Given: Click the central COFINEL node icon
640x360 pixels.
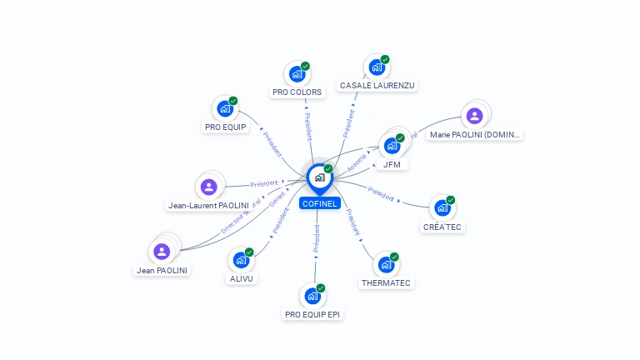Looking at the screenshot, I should (319, 177).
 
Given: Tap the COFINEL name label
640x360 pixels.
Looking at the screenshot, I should (320, 203).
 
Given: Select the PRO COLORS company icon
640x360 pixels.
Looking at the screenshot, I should (297, 74).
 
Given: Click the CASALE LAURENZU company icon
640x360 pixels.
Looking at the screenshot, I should (377, 67).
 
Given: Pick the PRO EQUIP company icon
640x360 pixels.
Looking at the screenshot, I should (224, 109).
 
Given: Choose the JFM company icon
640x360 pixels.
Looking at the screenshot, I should (392, 146).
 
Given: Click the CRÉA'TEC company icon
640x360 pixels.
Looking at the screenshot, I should (442, 207).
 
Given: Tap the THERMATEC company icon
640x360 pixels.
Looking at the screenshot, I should (386, 265).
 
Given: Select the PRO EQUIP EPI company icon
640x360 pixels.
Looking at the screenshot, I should (312, 296).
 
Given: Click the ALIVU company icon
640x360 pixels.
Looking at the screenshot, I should (241, 260).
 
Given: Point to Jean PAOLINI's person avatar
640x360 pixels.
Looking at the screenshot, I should (162, 251).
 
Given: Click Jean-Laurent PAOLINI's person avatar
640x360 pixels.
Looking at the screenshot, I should (208, 187).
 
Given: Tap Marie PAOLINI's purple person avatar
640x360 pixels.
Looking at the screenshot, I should (474, 116).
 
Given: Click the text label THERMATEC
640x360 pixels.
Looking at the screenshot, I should (386, 283).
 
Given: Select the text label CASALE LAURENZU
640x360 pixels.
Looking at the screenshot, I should (377, 85).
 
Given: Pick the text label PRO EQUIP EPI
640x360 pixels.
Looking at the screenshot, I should (312, 315).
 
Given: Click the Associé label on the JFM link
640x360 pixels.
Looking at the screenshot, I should (357, 162).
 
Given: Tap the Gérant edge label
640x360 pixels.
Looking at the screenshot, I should (277, 199).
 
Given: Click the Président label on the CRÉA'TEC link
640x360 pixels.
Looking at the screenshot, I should (380, 194).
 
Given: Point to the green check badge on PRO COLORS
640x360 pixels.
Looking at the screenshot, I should (305, 66).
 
